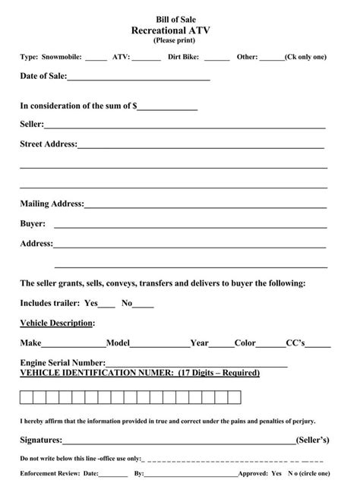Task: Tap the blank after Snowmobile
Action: point(96,58)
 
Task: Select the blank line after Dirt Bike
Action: point(216,58)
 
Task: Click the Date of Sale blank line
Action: point(138,78)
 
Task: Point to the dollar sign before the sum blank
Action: point(134,106)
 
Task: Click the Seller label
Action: point(31,124)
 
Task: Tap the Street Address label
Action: point(48,144)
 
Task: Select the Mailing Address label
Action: point(52,204)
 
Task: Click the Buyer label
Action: point(33,224)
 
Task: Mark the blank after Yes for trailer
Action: point(107,305)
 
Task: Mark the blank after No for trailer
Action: point(144,305)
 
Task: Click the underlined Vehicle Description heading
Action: point(57,323)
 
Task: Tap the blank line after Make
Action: point(74,344)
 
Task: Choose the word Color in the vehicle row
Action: point(245,343)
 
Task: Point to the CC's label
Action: point(295,343)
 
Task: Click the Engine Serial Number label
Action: point(62,363)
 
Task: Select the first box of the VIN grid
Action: point(26,396)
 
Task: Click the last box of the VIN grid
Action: point(234,396)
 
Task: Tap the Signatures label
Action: point(41,440)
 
